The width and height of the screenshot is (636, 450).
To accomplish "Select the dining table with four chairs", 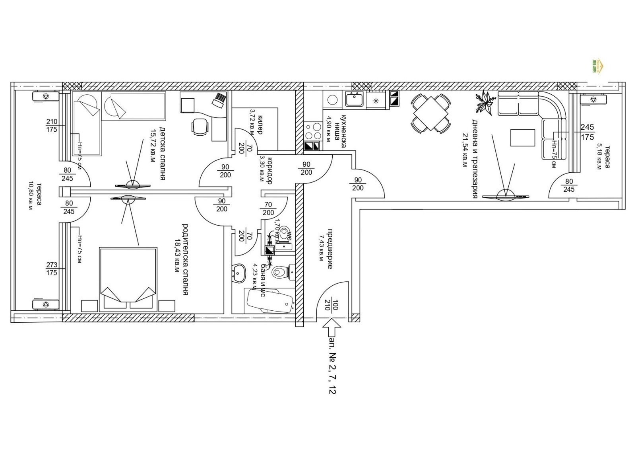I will [431, 113].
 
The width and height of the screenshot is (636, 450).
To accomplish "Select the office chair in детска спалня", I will [200, 127].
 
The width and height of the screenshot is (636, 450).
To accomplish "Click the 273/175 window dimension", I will [52, 269].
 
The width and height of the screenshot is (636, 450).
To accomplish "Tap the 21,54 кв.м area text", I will [464, 150].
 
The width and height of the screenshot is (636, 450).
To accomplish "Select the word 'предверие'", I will [330, 249].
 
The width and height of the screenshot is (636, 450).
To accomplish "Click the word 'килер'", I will [260, 124].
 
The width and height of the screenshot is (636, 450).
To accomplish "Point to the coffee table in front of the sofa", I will [522, 138].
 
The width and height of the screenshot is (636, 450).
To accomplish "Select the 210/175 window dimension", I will [52, 126].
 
